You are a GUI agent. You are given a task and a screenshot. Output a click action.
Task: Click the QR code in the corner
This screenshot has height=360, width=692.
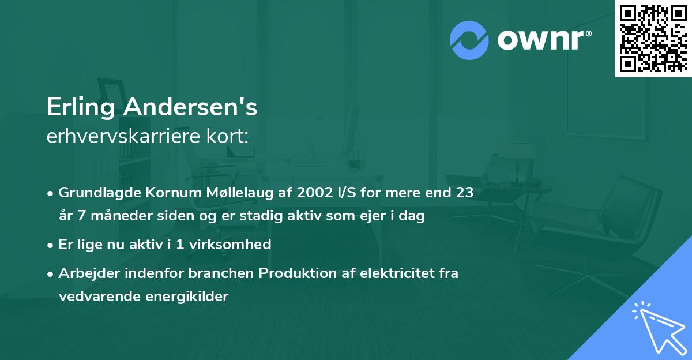653,39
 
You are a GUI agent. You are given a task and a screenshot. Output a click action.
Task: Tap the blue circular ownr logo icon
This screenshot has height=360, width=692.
469,40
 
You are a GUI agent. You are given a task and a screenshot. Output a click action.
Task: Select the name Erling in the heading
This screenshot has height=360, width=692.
80,107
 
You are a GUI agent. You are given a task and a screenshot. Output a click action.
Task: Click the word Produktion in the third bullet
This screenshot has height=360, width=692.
293,273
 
